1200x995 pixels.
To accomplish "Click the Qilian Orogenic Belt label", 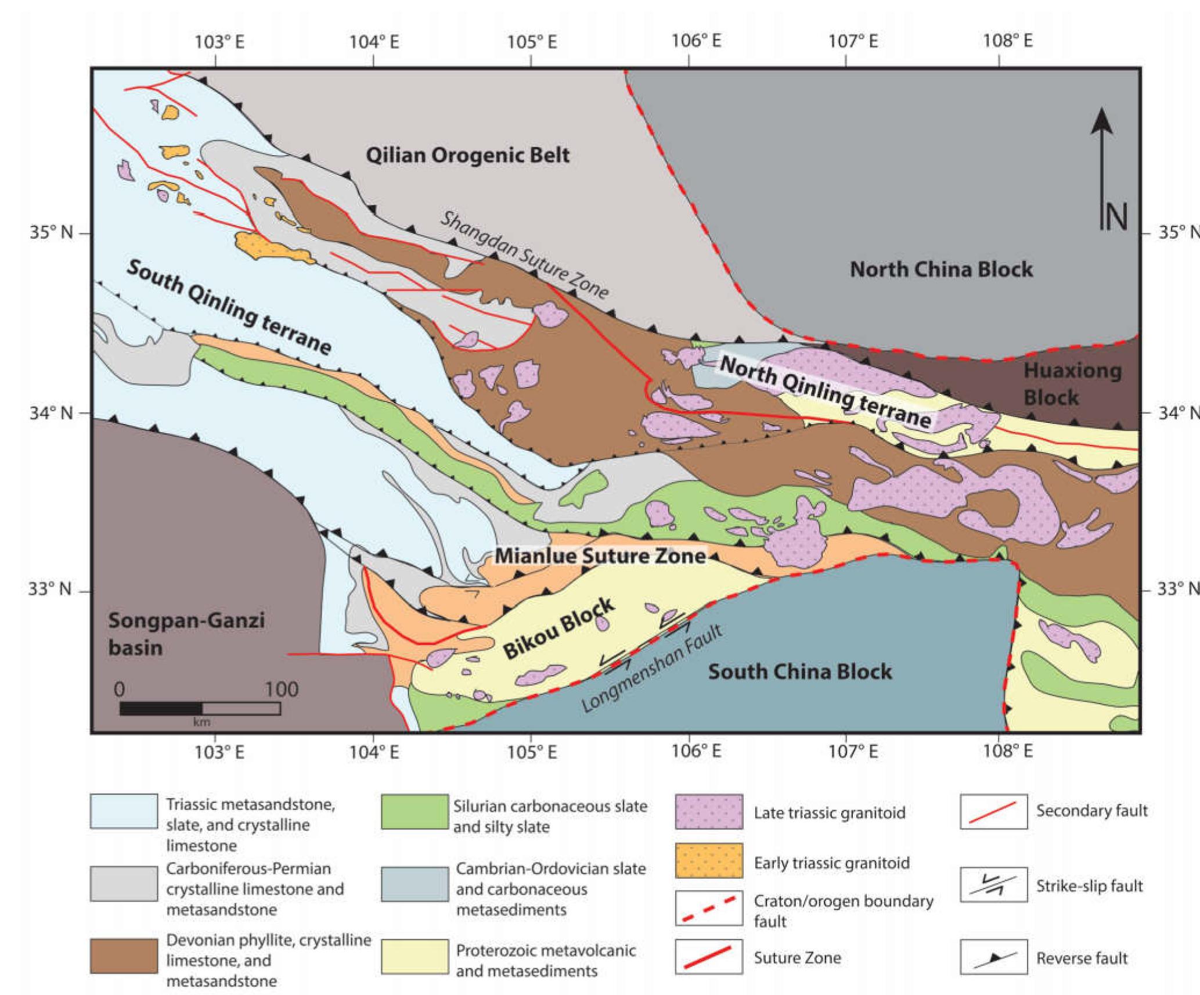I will pyautogui.click(x=467, y=155).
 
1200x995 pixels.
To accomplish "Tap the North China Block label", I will pyautogui.click(x=941, y=269).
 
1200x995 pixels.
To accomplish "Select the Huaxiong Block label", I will pyautogui.click(x=1072, y=383).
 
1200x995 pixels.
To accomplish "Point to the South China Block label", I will pyautogui.click(x=799, y=671).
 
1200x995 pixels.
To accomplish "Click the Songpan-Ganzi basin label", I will pyautogui.click(x=186, y=634).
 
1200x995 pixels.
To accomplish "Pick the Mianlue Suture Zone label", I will pyautogui.click(x=600, y=556).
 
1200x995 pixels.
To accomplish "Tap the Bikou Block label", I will pyautogui.click(x=558, y=628).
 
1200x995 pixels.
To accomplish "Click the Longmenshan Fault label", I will pyautogui.click(x=652, y=669).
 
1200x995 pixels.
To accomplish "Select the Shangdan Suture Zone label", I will pyautogui.click(x=524, y=255).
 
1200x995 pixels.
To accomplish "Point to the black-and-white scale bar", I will pyautogui.click(x=200, y=708).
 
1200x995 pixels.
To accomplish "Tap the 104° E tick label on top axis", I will pyautogui.click(x=374, y=42).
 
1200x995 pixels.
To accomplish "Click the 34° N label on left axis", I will pyautogui.click(x=51, y=414).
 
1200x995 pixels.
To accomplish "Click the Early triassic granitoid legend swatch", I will pyautogui.click(x=709, y=860).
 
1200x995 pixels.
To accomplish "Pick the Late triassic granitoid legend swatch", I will pyautogui.click(x=709, y=811).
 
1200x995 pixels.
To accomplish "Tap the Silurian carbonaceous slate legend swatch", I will pyautogui.click(x=415, y=811).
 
